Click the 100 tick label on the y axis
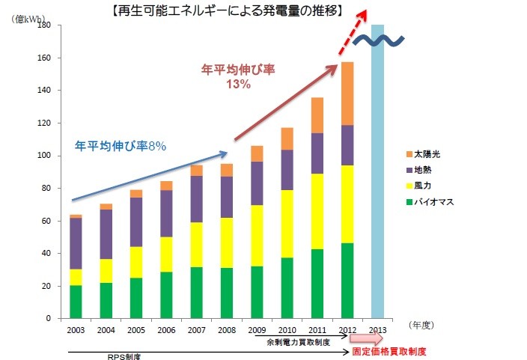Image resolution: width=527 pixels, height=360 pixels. [x=43, y=156]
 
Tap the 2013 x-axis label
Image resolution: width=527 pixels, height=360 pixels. [x=377, y=329]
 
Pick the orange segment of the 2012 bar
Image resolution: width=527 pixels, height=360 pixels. [x=347, y=94]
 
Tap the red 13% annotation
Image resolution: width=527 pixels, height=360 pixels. [x=239, y=85]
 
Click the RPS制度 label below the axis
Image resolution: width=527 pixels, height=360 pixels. [x=129, y=356]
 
